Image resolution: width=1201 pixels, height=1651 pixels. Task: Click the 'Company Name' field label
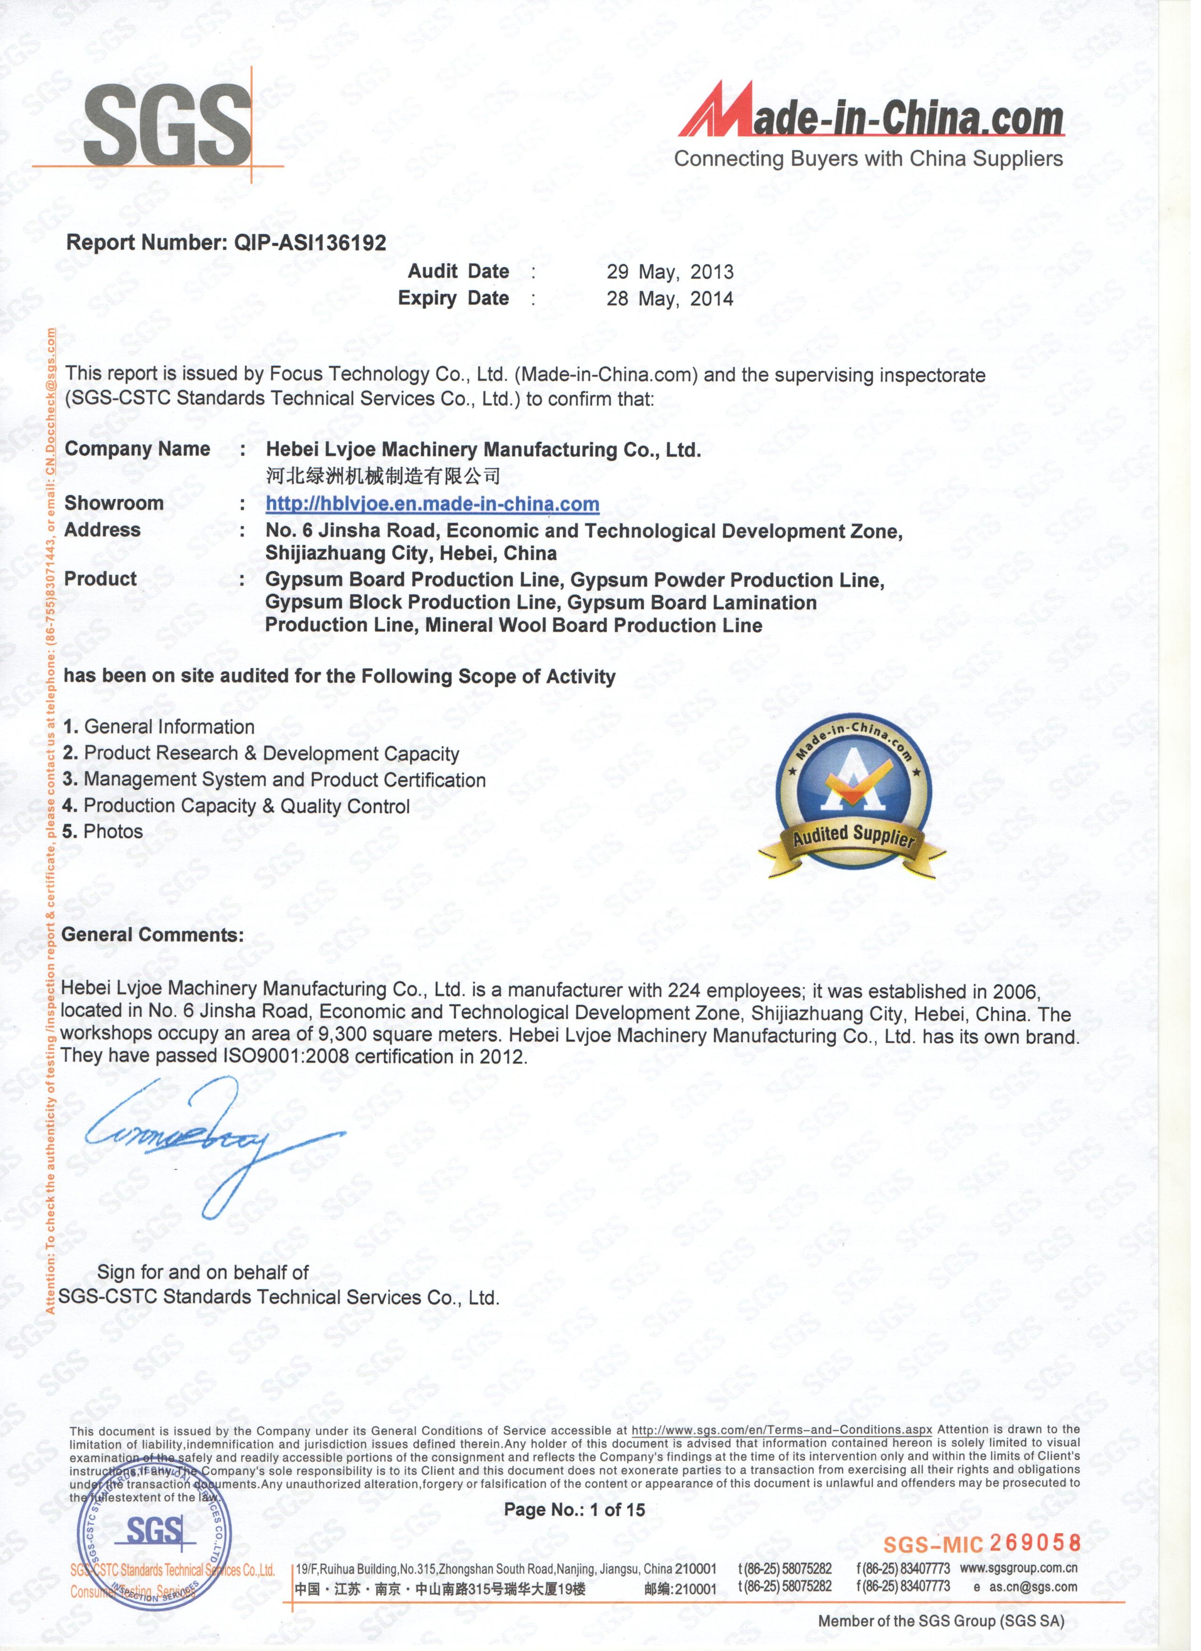[138, 452]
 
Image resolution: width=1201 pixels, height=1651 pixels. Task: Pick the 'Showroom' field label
[114, 507]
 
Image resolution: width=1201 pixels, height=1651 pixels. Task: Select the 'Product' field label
[101, 583]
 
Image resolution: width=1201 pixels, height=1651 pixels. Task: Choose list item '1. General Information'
[159, 732]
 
